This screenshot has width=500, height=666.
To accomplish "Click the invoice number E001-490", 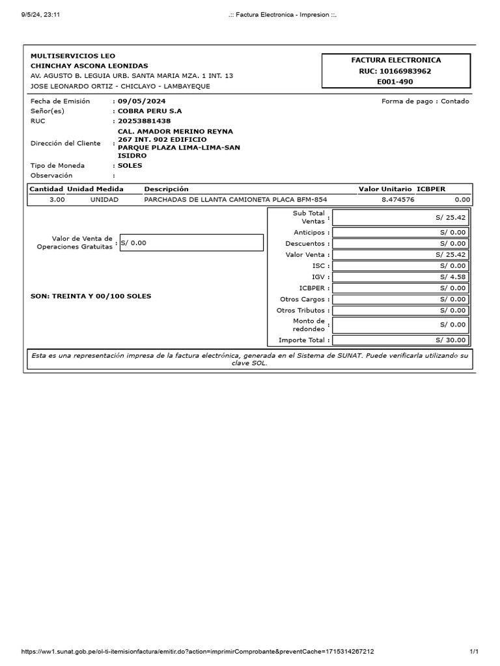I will pos(395,82).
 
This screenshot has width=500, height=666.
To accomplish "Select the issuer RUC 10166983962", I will pos(395,71).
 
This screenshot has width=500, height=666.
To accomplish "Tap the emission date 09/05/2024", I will pos(141,101).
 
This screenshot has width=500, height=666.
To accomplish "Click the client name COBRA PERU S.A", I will pos(150,111).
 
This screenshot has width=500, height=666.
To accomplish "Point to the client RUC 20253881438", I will pos(144,121).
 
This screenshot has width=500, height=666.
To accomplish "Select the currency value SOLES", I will pos(130,166).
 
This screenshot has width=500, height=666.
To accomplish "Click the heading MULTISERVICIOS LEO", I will pos(73,56).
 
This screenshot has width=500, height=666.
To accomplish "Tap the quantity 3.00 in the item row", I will pos(57,200).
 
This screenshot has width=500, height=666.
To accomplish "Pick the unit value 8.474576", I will pos(398,200).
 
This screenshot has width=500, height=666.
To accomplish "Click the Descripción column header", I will pos(166,189).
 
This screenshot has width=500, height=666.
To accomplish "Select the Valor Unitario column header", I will pos(385,189).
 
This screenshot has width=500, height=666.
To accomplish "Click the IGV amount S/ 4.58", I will pos(400,277).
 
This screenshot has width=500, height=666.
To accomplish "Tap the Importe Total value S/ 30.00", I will pos(400,340).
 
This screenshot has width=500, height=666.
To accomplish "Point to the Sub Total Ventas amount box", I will pos(400,217).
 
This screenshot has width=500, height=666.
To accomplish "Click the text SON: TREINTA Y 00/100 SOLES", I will pos(90,297).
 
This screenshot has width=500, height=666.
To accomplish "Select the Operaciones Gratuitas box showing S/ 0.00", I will pos(191,243).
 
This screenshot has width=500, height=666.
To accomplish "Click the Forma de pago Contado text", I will pos(424,101).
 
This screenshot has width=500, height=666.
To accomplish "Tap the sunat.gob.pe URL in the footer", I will pos(198,651).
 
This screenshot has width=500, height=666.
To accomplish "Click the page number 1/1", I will pos(474,651).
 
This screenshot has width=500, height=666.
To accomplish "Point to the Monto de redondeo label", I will pos(309,325).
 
